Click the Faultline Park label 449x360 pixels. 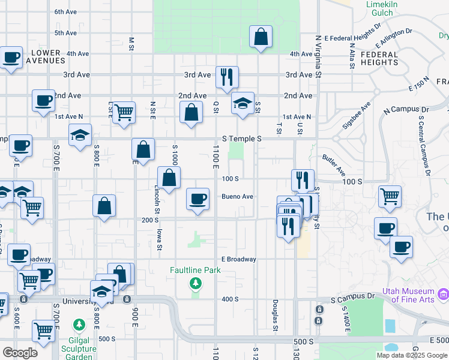point(195,270)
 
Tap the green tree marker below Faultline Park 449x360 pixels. point(195,283)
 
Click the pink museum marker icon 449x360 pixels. point(444,294)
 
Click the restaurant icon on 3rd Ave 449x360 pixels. point(227,77)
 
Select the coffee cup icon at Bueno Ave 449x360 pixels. point(197,199)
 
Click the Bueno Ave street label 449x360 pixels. point(238,196)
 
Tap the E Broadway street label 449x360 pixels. point(238,259)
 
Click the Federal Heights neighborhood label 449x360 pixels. point(379,58)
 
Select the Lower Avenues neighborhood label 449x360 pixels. point(46,57)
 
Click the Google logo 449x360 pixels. point(20,352)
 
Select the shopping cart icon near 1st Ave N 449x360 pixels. point(124,112)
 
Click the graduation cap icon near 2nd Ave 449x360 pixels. point(243,103)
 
